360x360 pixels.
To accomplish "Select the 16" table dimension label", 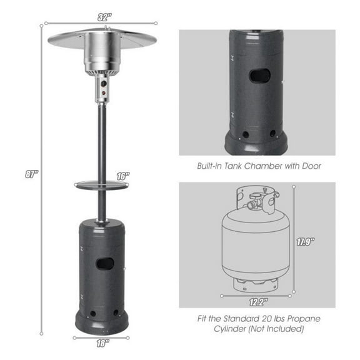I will (x=122, y=177).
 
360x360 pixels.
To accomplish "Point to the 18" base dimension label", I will (x=102, y=342).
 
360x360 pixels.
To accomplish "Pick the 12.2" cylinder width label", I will (x=257, y=301).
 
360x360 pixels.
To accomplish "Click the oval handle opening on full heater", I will (x=102, y=264).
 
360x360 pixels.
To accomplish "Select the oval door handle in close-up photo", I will (x=257, y=76).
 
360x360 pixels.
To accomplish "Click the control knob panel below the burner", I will (x=101, y=87).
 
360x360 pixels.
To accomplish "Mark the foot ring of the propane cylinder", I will (x=257, y=284).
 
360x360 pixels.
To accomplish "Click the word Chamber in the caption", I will (x=268, y=166).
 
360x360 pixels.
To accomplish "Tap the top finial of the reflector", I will (x=105, y=29).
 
